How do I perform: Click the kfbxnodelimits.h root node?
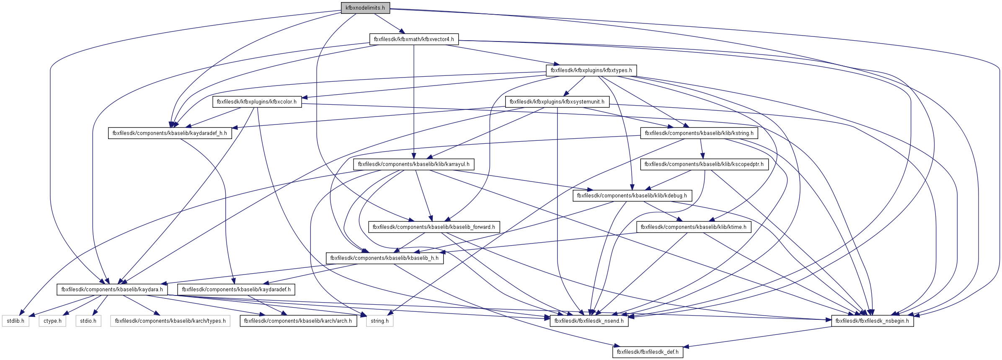click(x=365, y=8)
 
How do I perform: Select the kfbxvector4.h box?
click(x=414, y=39)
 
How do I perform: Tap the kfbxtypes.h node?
click(x=591, y=70)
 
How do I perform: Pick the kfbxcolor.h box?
click(x=257, y=102)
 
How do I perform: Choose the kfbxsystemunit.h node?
click(x=557, y=102)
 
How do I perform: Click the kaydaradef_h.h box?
click(x=170, y=133)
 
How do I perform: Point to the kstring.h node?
click(x=699, y=133)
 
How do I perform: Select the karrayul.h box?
click(x=413, y=164)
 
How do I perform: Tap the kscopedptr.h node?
click(x=704, y=164)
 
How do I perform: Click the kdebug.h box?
click(x=632, y=196)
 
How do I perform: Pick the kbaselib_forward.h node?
click(x=434, y=227)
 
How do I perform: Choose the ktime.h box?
click(x=693, y=227)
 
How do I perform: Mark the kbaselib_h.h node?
click(x=384, y=258)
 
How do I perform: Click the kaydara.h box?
click(x=112, y=290)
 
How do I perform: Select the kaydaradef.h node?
click(x=236, y=290)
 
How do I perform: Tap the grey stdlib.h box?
click(x=15, y=321)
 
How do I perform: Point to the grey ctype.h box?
click(x=52, y=321)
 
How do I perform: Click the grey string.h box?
click(x=380, y=321)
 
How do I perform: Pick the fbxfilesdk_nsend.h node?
click(x=589, y=321)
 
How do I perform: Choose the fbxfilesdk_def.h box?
click(x=647, y=352)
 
